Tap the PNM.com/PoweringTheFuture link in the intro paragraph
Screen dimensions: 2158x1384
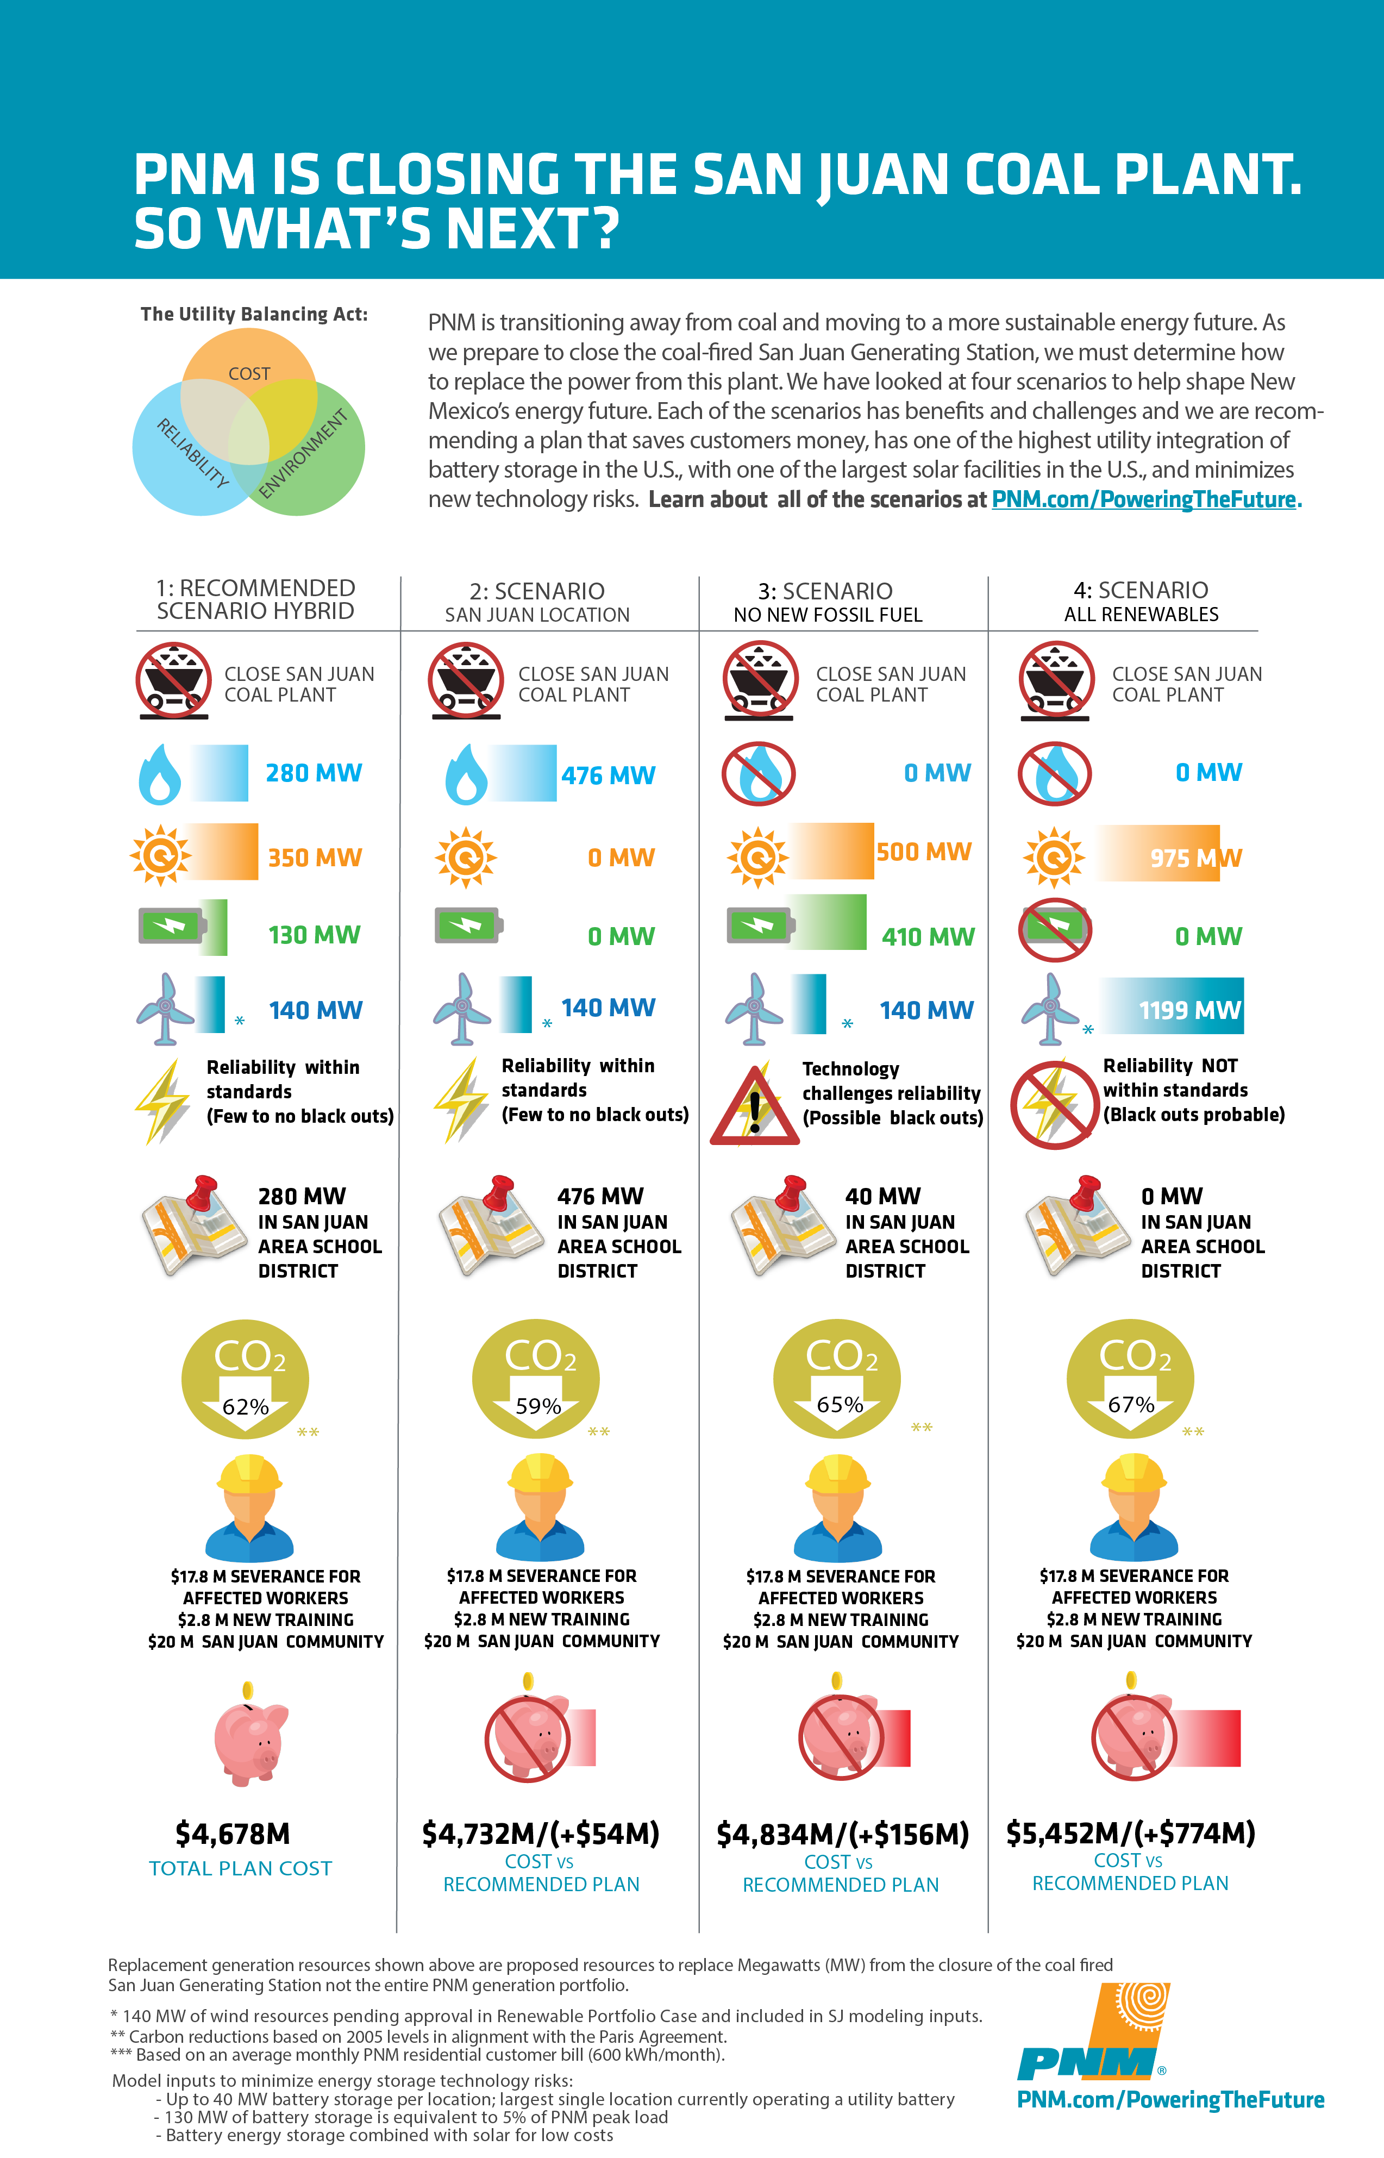[x=1146, y=500]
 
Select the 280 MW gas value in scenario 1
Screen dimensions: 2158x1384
[x=314, y=773]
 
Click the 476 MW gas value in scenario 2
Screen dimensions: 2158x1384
[x=609, y=775]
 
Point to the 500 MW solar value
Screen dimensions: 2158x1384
[x=924, y=852]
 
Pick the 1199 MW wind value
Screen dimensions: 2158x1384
[x=1189, y=1010]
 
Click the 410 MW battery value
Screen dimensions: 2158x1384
[x=928, y=936]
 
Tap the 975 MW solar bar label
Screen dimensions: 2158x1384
[x=1195, y=858]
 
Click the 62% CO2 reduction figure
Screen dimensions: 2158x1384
[x=246, y=1406]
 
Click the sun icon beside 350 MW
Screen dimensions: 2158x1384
[x=161, y=856]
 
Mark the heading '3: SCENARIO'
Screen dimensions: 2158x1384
[x=825, y=591]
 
